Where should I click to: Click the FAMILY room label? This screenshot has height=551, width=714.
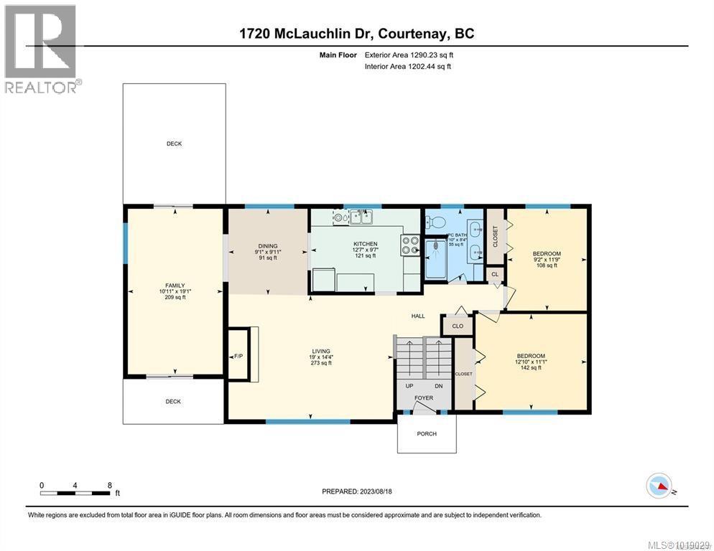(175, 286)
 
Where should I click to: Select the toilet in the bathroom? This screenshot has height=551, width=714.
(435, 223)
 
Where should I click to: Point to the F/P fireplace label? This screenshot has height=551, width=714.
(238, 356)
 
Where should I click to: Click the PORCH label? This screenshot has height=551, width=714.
(427, 433)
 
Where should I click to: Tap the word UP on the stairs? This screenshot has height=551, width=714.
(409, 386)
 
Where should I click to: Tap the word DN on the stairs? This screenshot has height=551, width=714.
(438, 386)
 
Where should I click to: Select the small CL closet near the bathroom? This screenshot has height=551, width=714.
(495, 274)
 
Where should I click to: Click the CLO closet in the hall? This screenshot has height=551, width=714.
(458, 326)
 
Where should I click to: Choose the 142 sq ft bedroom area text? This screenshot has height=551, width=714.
(531, 367)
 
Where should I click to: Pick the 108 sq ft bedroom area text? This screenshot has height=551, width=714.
(547, 265)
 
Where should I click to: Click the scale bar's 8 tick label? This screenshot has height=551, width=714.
(108, 485)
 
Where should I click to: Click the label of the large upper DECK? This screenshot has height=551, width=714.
(174, 143)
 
